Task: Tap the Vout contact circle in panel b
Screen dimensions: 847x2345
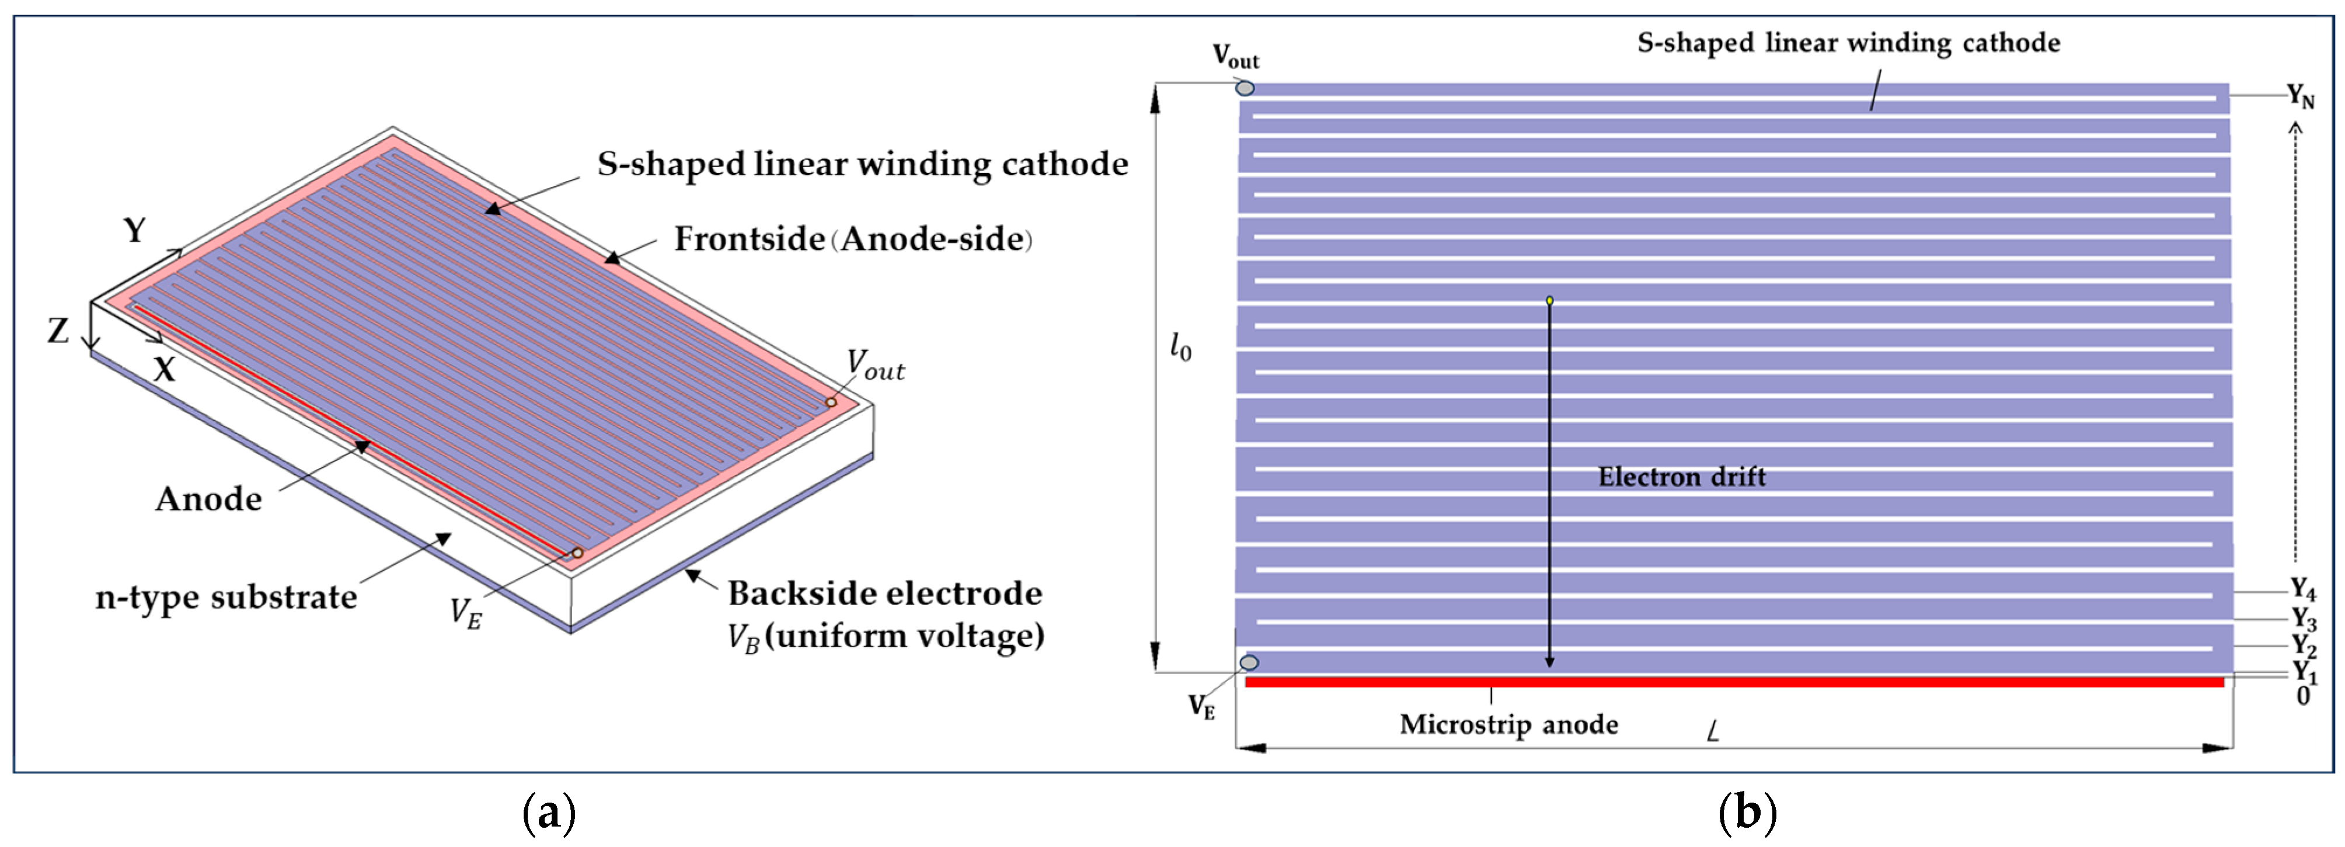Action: point(1245,88)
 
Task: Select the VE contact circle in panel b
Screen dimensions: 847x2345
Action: point(1250,662)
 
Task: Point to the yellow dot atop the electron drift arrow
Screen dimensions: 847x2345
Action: point(1549,300)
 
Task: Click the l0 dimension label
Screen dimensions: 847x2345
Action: point(1180,347)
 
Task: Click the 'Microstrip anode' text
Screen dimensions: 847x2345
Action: point(1508,725)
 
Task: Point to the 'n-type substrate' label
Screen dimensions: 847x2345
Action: point(226,598)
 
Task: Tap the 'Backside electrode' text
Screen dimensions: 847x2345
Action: point(885,594)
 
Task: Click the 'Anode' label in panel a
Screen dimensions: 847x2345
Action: point(208,499)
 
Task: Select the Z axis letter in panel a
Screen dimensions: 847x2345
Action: point(58,331)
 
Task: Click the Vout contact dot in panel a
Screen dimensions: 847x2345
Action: point(830,402)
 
